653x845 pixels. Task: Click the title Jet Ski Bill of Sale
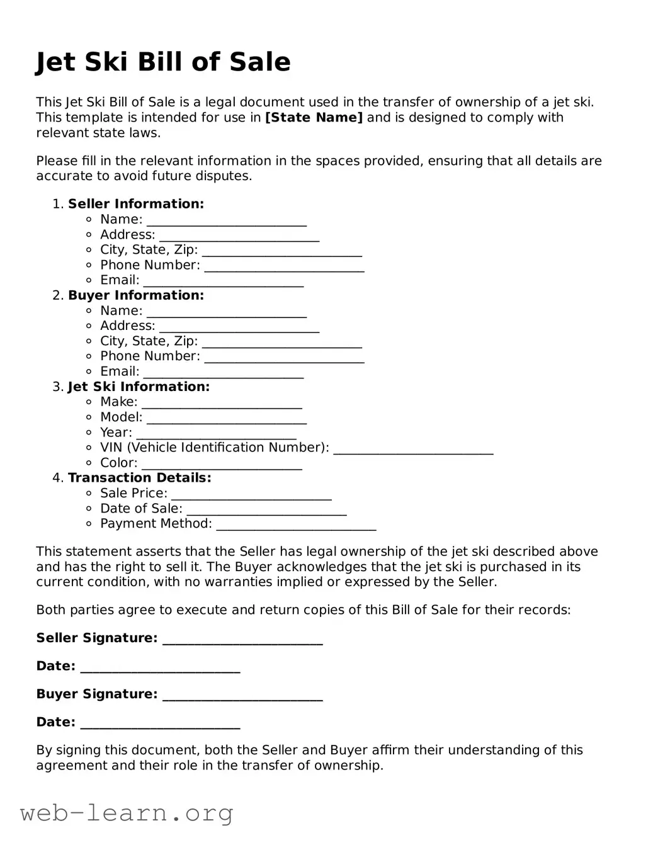tap(163, 62)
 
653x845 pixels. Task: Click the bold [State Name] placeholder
tap(314, 118)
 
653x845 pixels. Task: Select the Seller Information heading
tap(136, 204)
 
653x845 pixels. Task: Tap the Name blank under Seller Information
tap(227, 220)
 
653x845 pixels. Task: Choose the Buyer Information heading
tap(136, 295)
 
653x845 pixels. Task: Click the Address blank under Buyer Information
tap(239, 327)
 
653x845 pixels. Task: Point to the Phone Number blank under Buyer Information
tap(285, 357)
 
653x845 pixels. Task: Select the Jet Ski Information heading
tap(139, 387)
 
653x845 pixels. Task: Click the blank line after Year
tap(216, 433)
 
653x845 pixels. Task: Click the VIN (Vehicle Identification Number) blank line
tap(413, 448)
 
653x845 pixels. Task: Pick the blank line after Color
tap(222, 464)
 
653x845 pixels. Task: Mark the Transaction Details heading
tap(140, 478)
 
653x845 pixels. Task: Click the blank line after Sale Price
tap(251, 494)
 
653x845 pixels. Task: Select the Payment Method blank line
tap(296, 525)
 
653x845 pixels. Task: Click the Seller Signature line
tap(242, 639)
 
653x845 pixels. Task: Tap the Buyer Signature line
tap(242, 695)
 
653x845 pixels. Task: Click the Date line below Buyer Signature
tap(161, 723)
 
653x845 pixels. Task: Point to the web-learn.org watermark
tap(127, 813)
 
